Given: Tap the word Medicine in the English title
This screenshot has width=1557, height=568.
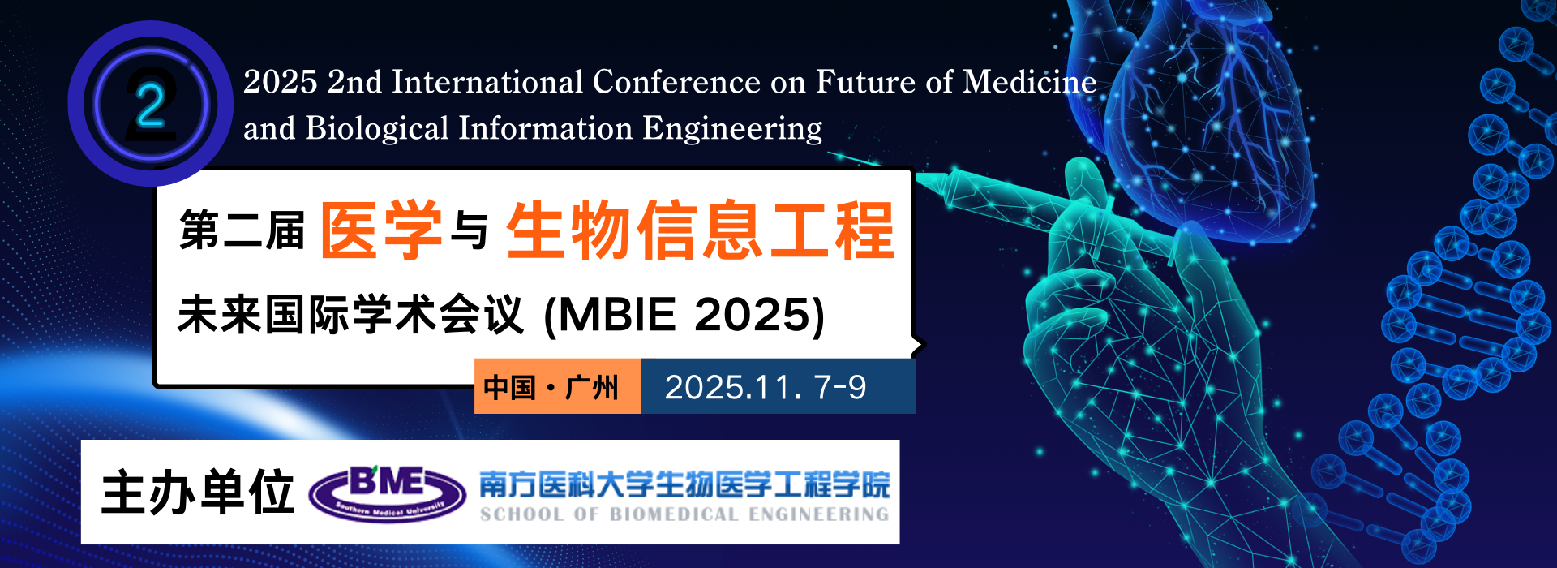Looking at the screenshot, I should coord(1029,82).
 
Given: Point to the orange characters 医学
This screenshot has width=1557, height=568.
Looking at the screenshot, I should coord(381,230).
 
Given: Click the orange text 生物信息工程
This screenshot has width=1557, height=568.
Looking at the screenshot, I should coord(701,230).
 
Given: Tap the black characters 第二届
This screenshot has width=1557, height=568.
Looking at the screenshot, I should coord(242,230).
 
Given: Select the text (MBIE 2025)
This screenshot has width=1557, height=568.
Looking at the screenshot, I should coord(684,315).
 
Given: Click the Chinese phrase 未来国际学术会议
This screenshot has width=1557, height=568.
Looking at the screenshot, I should coord(350,315).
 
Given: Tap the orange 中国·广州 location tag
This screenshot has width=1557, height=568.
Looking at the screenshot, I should coord(551,387).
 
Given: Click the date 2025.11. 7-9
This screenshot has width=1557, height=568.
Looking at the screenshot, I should coord(765,387).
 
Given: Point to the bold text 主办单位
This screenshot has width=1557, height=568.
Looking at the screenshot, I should coord(197,493).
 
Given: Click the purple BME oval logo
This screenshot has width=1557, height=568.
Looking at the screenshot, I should coord(388,493).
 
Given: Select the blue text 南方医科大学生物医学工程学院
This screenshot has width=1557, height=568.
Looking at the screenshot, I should coord(684,484).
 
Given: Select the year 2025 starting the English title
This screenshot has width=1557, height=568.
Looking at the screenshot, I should coord(280,82).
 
